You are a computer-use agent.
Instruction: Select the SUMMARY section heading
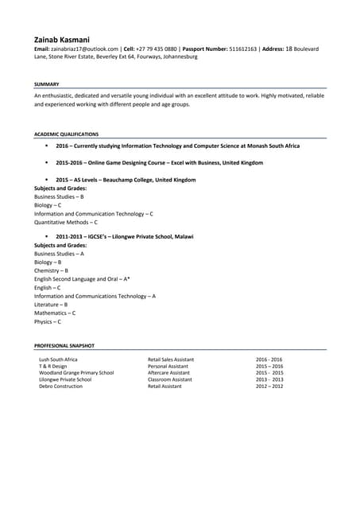46,84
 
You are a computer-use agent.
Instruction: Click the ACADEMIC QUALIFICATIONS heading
67,134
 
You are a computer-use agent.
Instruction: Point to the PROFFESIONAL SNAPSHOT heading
64,346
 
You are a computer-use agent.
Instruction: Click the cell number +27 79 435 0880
157,49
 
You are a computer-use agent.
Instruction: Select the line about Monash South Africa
177,146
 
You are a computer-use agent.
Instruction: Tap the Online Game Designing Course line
159,163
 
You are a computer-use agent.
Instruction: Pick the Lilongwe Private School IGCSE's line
124,237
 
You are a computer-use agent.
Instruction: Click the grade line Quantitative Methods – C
66,223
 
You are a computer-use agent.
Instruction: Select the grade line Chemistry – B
51,270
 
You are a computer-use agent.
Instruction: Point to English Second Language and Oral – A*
82,279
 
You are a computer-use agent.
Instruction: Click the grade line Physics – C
47,321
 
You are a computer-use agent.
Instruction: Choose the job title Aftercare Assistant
168,373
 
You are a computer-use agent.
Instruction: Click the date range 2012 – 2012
269,387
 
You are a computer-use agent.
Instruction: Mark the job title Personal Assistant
168,366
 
